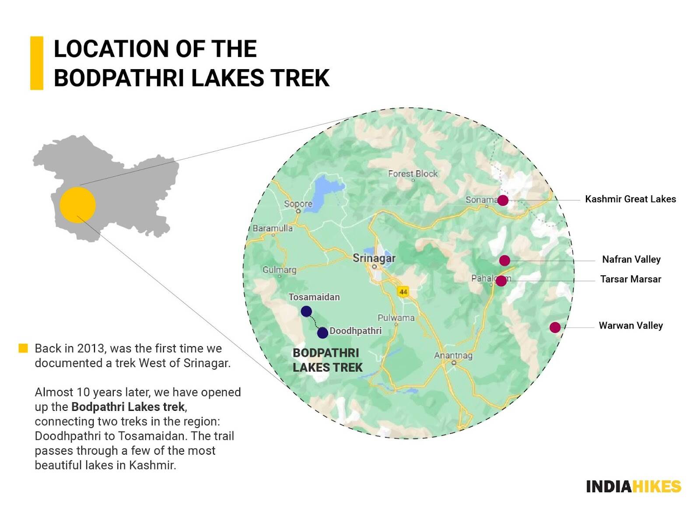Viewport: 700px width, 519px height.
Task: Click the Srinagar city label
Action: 374,258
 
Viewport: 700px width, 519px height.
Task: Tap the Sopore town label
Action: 298,204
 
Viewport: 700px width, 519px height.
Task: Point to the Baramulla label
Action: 273,228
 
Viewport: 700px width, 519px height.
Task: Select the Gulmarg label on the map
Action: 279,270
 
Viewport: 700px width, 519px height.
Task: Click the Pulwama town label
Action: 395,318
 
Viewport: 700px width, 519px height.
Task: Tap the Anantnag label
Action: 453,355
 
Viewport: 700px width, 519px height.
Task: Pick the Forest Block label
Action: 413,174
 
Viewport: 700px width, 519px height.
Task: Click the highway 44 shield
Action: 403,291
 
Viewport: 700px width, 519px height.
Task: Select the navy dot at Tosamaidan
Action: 306,312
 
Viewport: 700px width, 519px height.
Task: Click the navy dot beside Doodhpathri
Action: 322,333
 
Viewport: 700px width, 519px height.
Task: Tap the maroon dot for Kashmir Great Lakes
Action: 503,200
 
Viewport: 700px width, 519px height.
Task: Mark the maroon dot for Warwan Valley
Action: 555,327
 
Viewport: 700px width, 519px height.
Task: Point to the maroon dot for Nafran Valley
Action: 504,260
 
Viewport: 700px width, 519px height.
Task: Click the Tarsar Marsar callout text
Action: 630,279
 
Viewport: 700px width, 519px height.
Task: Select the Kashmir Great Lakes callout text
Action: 630,199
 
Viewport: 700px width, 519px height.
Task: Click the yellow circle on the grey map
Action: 77,205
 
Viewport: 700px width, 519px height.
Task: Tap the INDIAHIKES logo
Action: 633,486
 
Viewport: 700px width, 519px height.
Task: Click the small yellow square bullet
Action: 23,348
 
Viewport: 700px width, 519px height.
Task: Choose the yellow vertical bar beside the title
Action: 37,63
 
